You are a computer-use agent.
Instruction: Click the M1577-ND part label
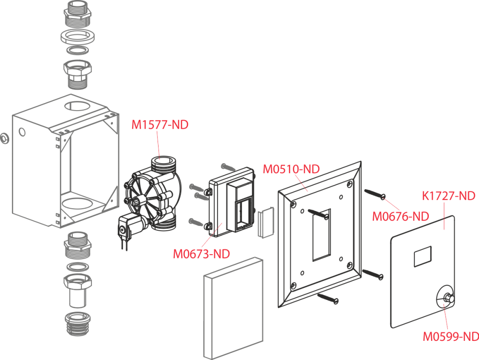pyautogui.click(x=160, y=124)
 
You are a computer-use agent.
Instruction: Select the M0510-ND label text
pyautogui.click(x=291, y=169)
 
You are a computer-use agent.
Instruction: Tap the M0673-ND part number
pyautogui.click(x=201, y=254)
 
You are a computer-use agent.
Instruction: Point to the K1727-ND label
pyautogui.click(x=448, y=196)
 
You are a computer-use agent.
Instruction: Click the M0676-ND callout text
pyautogui.click(x=400, y=216)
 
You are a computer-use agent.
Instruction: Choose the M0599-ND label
pyautogui.click(x=451, y=337)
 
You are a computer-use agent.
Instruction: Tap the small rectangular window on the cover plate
pyautogui.click(x=422, y=256)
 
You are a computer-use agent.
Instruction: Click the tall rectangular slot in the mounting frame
pyautogui.click(x=321, y=235)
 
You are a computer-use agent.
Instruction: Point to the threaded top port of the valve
pyautogui.click(x=163, y=164)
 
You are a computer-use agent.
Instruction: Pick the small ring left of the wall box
pyautogui.click(x=5, y=138)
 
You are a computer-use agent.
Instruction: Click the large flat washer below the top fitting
pyautogui.click(x=78, y=37)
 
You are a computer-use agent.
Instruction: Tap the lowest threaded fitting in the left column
pyautogui.click(x=78, y=324)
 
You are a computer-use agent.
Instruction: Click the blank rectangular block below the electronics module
pyautogui.click(x=233, y=308)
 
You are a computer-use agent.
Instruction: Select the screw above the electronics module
pyautogui.click(x=228, y=167)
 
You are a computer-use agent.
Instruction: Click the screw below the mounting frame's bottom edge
pyautogui.click(x=328, y=298)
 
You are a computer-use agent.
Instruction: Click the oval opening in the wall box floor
pyautogui.click(x=77, y=203)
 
